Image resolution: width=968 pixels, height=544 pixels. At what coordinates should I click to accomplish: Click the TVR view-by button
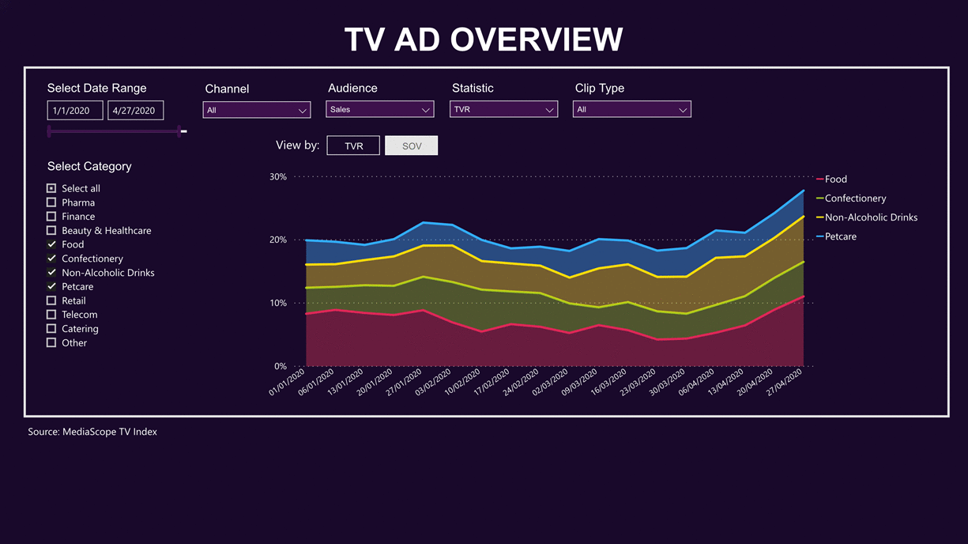point(353,145)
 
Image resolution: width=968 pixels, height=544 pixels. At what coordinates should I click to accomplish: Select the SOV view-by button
point(411,145)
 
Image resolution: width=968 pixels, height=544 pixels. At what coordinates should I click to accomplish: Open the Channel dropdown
point(256,110)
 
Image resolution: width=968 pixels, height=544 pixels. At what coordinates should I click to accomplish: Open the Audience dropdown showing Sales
point(379,109)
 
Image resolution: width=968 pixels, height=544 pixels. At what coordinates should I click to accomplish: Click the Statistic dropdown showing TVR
point(503,109)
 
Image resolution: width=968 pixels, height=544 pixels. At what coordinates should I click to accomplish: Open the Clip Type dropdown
point(631,109)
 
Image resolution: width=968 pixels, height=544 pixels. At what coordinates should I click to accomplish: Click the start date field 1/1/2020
point(74,110)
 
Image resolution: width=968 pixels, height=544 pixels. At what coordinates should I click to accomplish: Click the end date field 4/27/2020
point(135,110)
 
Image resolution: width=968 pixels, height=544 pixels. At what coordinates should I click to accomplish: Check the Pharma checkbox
point(51,202)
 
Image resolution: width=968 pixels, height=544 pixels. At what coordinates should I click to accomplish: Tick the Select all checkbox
point(51,188)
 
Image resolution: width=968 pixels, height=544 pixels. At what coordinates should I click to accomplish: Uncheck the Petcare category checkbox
point(51,286)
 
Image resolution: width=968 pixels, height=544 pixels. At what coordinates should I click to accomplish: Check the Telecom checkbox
point(51,315)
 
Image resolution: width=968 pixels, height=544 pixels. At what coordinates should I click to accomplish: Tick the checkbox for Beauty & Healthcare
point(51,230)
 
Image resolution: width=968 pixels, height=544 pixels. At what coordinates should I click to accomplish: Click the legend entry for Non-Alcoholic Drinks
point(870,217)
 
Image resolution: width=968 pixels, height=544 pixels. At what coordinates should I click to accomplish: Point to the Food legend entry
point(835,179)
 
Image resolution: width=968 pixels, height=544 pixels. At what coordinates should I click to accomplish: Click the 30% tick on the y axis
point(277,176)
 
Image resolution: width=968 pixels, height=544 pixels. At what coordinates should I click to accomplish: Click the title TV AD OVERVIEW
point(484,40)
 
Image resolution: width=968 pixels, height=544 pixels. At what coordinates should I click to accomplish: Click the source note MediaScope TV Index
point(92,432)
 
